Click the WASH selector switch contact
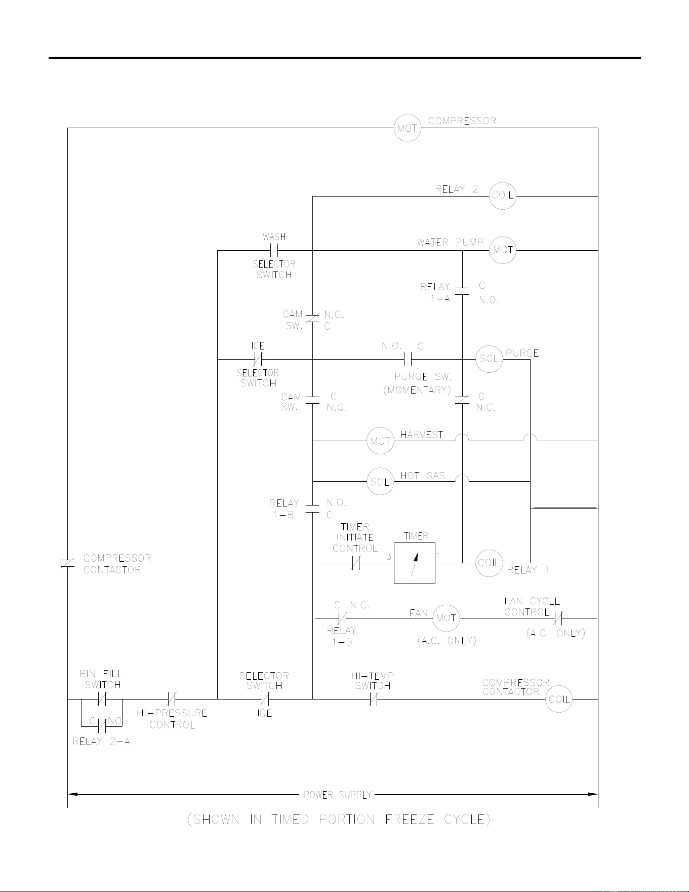[x=274, y=250]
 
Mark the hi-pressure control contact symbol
[x=172, y=700]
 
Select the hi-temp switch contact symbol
[x=373, y=700]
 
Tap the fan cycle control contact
[x=558, y=618]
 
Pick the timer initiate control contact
[x=355, y=563]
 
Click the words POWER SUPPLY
[x=338, y=795]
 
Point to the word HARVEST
[x=422, y=435]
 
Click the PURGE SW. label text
[x=423, y=377]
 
